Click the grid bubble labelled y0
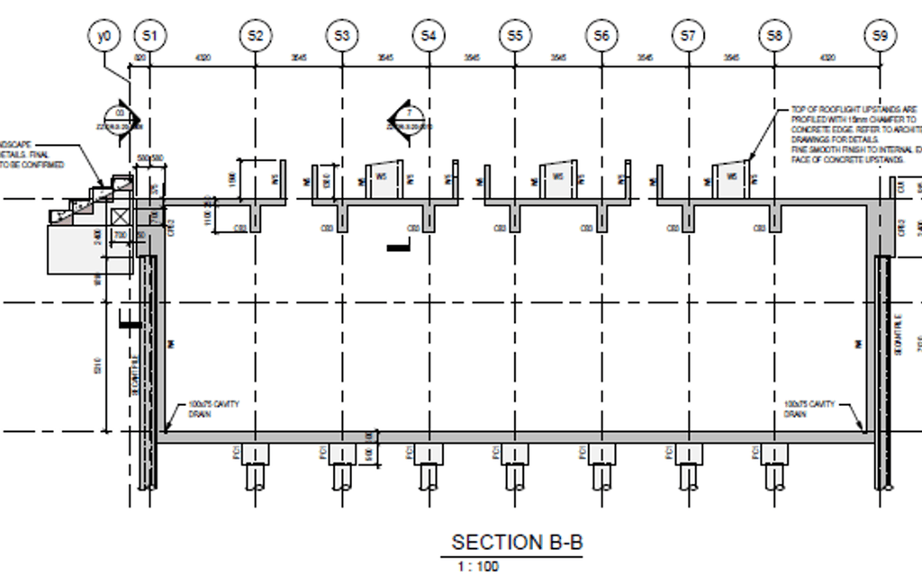tap(104, 37)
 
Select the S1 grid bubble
tap(149, 37)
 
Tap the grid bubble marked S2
tap(256, 37)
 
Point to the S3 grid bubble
tap(342, 37)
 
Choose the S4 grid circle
tap(429, 37)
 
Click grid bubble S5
tap(515, 37)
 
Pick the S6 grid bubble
tap(601, 37)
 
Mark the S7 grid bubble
tap(688, 37)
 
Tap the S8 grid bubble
tap(774, 37)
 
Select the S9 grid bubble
tap(880, 37)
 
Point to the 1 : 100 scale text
tap(478, 566)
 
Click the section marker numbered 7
tap(406, 117)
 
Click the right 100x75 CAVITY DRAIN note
tap(809, 409)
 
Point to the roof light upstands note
tap(855, 134)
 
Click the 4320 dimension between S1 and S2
tap(203, 58)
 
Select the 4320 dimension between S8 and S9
tap(827, 58)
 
